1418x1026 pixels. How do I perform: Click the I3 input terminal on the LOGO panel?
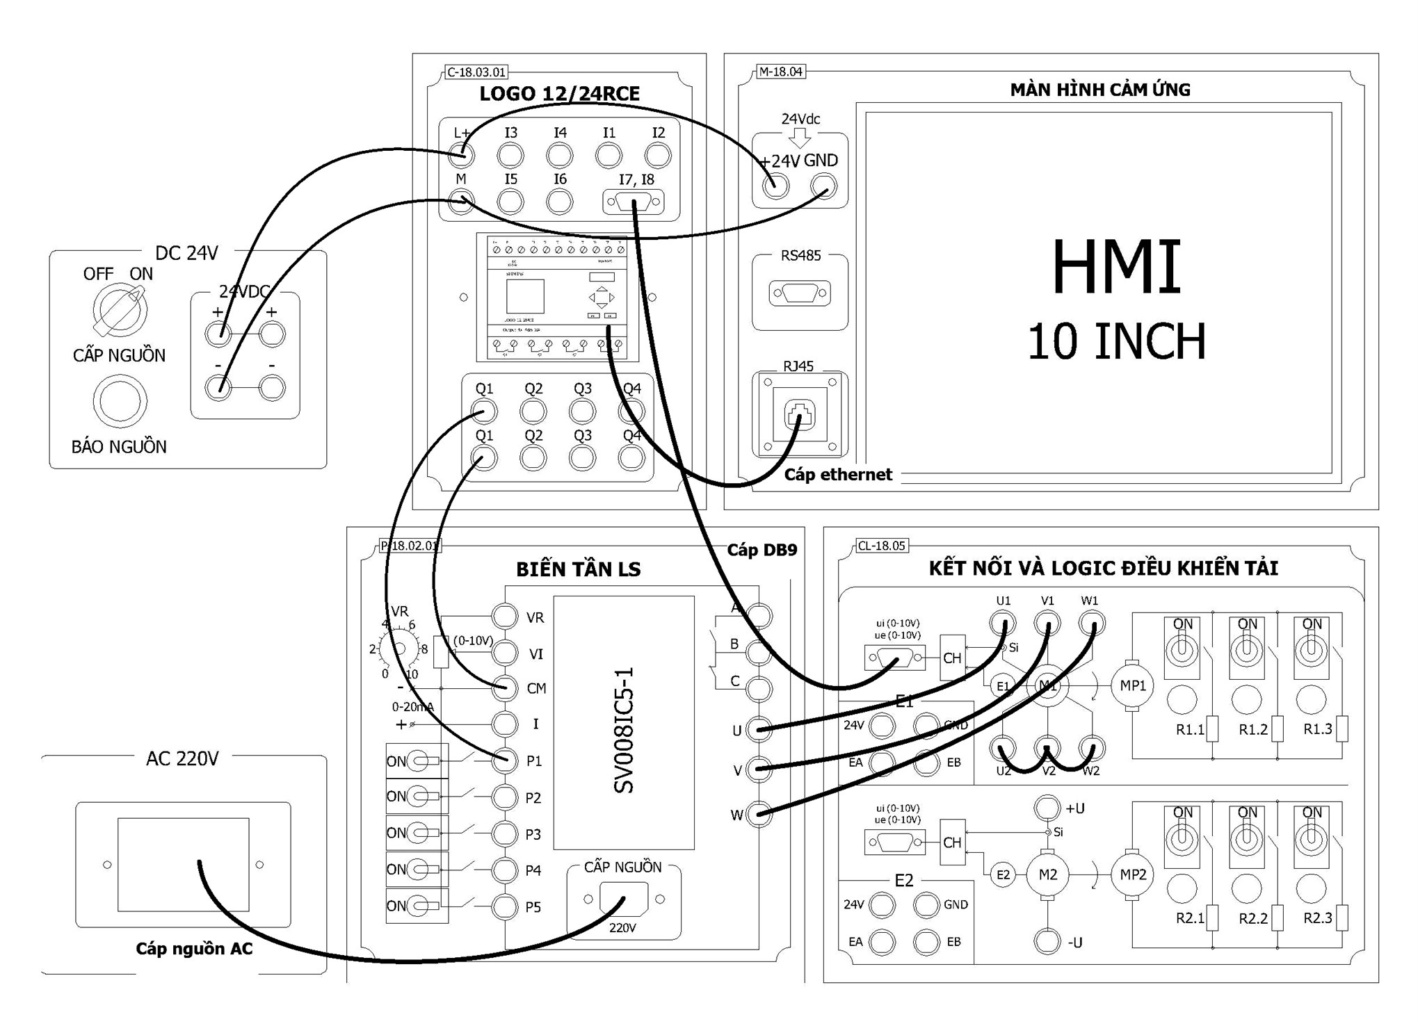pyautogui.click(x=510, y=155)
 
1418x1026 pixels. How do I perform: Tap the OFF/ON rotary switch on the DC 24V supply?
pyautogui.click(x=120, y=311)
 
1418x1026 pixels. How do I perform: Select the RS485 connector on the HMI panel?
pyautogui.click(x=800, y=293)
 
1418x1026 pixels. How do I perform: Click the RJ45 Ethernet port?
pyautogui.click(x=799, y=415)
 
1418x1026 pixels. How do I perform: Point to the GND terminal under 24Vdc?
pyautogui.click(x=824, y=186)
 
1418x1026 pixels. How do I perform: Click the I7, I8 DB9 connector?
pyautogui.click(x=633, y=203)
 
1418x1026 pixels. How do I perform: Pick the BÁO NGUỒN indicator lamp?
pyautogui.click(x=120, y=401)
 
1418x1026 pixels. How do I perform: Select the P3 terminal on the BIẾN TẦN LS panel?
pyautogui.click(x=504, y=833)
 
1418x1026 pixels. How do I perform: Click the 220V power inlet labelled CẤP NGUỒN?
pyautogui.click(x=623, y=899)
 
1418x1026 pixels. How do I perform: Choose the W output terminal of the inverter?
pyautogui.click(x=759, y=814)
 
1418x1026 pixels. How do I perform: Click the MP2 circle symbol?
pyautogui.click(x=1132, y=874)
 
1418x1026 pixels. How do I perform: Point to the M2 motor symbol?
pyautogui.click(x=1047, y=874)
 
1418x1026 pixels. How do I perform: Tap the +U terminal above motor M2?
pyautogui.click(x=1047, y=808)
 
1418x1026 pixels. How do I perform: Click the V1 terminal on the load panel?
pyautogui.click(x=1047, y=623)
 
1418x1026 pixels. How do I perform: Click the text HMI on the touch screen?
pyautogui.click(x=1116, y=268)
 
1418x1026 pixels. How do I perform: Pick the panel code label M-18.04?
pyautogui.click(x=780, y=72)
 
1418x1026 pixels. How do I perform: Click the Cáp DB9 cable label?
pyautogui.click(x=762, y=550)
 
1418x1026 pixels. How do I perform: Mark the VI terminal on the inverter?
pyautogui.click(x=504, y=653)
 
